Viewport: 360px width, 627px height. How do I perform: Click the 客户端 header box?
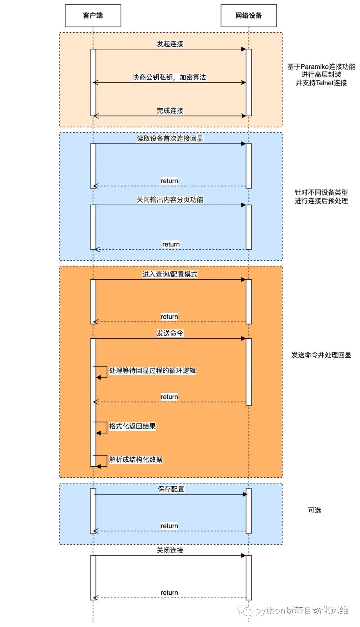[x=93, y=16]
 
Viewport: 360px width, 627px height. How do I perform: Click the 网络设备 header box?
[x=249, y=16]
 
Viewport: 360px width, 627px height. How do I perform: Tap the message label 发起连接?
[x=170, y=44]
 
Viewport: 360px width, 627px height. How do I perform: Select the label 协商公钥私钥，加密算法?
[x=169, y=77]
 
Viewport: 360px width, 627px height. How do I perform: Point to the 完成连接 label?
[x=170, y=111]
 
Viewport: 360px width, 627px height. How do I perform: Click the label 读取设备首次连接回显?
[x=170, y=138]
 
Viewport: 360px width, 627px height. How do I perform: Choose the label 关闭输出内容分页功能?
[x=170, y=200]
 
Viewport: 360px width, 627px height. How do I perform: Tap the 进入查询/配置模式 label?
[x=170, y=274]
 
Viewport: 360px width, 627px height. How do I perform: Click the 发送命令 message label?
[x=170, y=333]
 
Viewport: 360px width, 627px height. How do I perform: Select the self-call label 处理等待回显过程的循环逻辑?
[x=152, y=371]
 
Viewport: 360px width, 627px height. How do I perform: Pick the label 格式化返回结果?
[x=132, y=426]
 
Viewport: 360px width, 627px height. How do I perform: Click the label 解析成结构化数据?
[x=136, y=460]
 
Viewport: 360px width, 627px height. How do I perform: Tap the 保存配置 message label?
[x=171, y=489]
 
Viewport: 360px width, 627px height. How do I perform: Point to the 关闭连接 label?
[x=170, y=550]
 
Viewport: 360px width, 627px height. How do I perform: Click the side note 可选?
[x=314, y=510]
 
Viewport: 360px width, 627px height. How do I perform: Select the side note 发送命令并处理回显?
[x=321, y=355]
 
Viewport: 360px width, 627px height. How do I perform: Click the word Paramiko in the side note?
[x=314, y=67]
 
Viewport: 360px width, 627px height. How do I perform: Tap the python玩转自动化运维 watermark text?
[x=302, y=610]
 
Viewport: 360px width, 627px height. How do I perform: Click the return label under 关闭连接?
[x=169, y=593]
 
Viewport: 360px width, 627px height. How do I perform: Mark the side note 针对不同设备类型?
[x=321, y=192]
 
